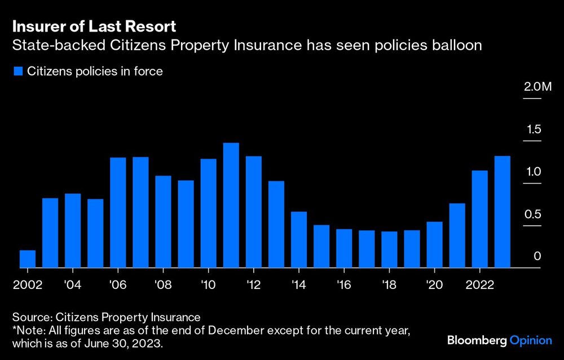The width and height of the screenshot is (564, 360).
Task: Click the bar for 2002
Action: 28,259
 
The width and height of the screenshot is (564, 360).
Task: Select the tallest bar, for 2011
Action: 231,205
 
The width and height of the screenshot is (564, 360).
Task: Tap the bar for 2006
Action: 118,213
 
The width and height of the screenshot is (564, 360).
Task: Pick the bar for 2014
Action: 299,240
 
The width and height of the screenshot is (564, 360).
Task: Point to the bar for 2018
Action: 389,249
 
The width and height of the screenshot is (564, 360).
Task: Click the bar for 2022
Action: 479,219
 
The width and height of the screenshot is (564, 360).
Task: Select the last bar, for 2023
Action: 503,212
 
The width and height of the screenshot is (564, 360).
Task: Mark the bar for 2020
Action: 434,245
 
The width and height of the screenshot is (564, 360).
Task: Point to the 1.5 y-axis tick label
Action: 534,129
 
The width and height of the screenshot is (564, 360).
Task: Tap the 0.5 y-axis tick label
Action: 534,214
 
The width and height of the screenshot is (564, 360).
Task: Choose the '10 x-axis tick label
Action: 208,284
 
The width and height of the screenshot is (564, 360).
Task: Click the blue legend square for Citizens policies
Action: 17,72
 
